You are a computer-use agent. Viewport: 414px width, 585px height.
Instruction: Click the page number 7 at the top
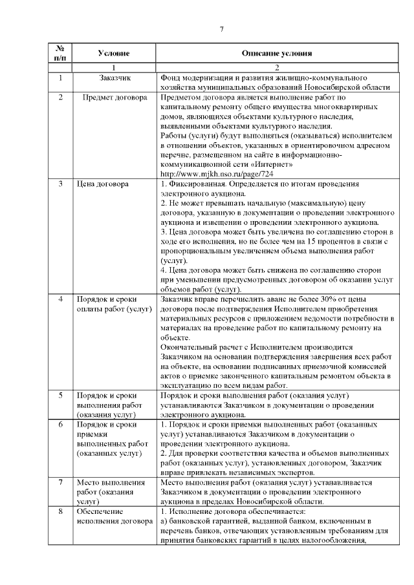click(221, 29)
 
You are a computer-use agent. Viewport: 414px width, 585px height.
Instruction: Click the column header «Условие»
click(114, 53)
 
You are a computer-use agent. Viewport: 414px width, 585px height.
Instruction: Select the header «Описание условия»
click(276, 53)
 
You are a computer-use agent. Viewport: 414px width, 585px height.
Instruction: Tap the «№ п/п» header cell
click(59, 53)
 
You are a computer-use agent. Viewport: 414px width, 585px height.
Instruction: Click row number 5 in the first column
click(60, 394)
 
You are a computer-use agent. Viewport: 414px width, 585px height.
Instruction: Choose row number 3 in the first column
click(60, 184)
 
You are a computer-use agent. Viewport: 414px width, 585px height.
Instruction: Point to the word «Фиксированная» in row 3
click(197, 184)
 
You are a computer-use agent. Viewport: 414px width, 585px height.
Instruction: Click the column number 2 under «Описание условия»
click(276, 68)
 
